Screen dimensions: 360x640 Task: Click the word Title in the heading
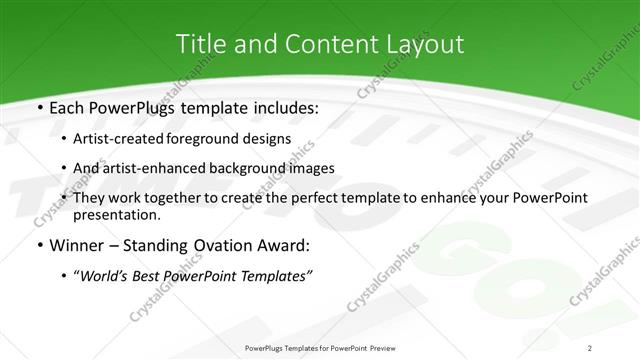[x=200, y=44]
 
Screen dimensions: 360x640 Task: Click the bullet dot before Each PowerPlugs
[x=39, y=107]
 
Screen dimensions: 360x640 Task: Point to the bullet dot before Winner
[x=39, y=245]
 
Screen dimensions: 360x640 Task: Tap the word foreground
[x=203, y=138]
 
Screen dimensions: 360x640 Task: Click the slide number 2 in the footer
[x=590, y=347]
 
